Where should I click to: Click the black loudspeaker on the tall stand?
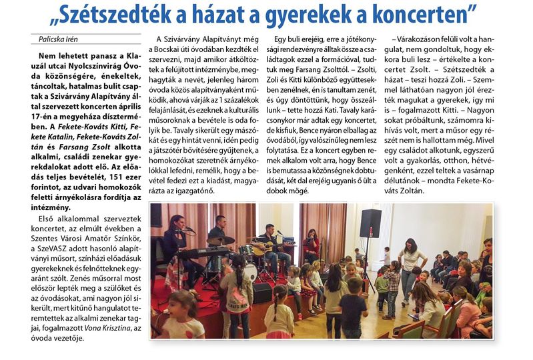pos(370,223)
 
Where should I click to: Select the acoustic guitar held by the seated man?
pos(262,248)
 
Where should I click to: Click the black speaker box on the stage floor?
pos(261,293)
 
